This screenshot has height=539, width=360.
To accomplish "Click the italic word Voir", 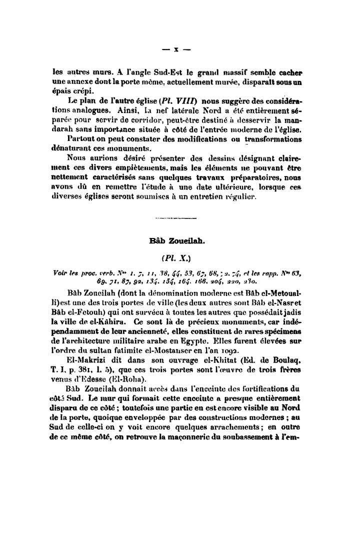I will [x=63, y=273].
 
